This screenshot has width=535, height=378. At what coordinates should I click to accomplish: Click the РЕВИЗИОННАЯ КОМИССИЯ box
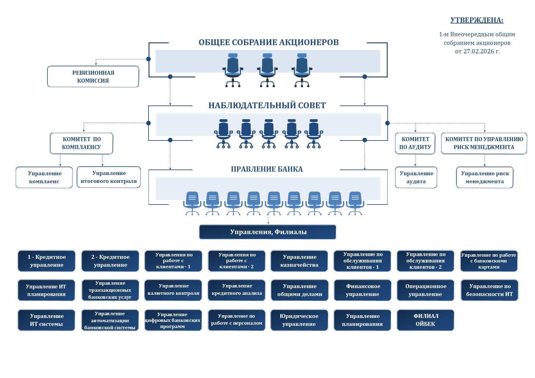coord(93,77)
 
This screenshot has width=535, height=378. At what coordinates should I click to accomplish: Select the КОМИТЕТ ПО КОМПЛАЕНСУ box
coord(81,143)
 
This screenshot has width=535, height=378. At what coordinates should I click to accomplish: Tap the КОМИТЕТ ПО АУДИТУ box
coord(415,143)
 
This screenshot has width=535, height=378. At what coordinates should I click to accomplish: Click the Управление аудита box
coord(416,177)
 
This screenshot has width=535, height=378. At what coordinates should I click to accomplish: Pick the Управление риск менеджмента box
coord(485,177)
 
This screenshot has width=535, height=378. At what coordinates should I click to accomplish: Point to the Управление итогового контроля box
coord(109,177)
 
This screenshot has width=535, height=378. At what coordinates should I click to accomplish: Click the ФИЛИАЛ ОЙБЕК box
coord(425,320)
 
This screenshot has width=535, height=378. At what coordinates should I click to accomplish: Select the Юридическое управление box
coord(299,320)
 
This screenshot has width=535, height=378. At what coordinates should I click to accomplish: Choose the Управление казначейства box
coord(299,261)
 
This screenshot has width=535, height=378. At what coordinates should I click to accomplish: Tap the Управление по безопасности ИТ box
coord(489,290)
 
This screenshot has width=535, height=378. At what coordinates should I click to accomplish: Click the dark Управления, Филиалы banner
coord(268,232)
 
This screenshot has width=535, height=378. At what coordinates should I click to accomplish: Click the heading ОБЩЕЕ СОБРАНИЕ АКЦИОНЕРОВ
coord(268,42)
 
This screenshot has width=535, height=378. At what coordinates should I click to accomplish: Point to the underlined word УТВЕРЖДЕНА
coord(477,20)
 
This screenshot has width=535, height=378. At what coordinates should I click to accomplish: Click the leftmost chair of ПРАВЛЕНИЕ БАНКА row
coord(192,203)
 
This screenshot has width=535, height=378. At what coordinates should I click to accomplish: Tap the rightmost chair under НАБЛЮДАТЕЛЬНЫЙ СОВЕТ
coord(314,134)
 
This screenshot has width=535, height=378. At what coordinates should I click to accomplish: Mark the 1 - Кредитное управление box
coord(46,261)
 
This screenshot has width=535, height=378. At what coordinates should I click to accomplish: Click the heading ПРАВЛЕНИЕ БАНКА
coord(267,169)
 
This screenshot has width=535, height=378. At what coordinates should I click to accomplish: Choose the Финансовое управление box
coord(363,290)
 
